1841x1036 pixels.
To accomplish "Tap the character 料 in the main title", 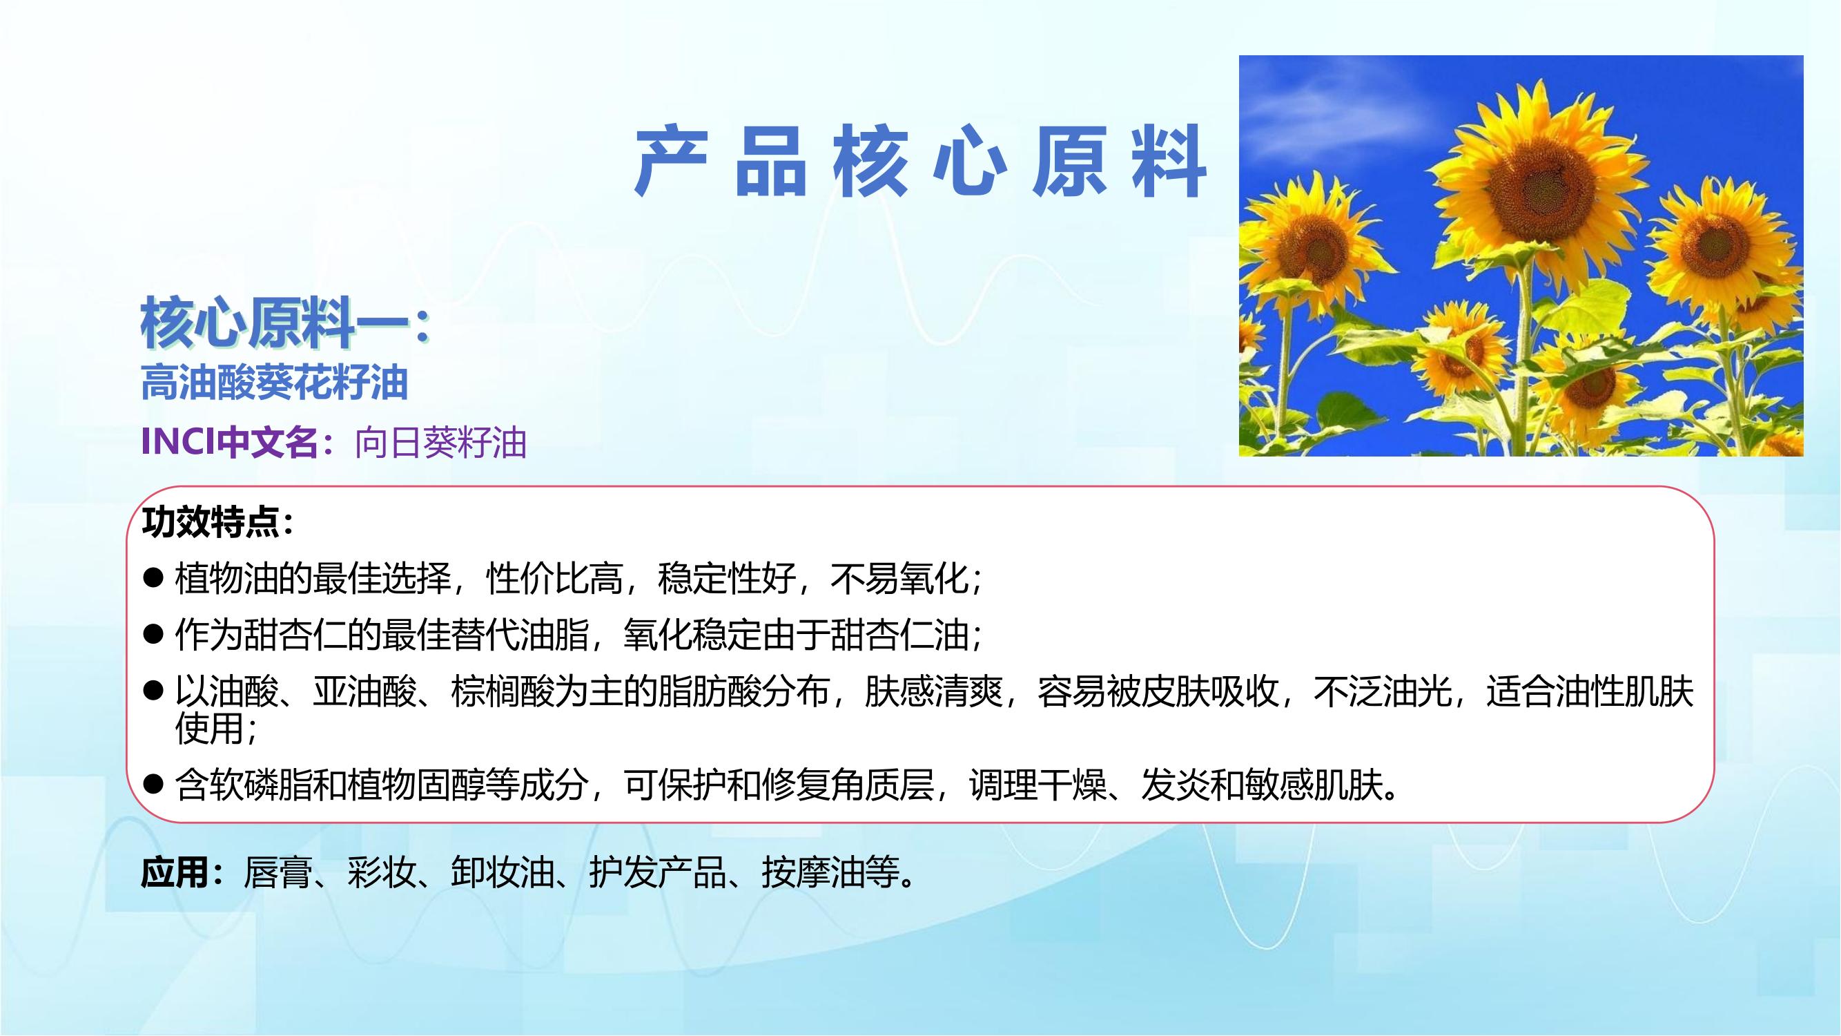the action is (x=1170, y=162).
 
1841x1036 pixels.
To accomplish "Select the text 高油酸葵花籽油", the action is (x=275, y=383).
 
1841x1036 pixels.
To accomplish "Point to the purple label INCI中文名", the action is (x=229, y=442).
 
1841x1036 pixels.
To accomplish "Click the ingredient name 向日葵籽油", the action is (x=440, y=443).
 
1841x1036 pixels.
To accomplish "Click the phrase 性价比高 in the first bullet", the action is (x=554, y=577).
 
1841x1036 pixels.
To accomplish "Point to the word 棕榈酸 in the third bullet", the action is (x=503, y=691).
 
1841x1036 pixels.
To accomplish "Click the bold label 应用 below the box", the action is (x=175, y=872).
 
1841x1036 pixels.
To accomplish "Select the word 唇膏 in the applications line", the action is (x=278, y=872).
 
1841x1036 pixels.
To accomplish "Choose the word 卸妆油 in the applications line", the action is (x=503, y=872).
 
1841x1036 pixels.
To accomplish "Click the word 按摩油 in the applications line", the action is (x=812, y=872).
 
